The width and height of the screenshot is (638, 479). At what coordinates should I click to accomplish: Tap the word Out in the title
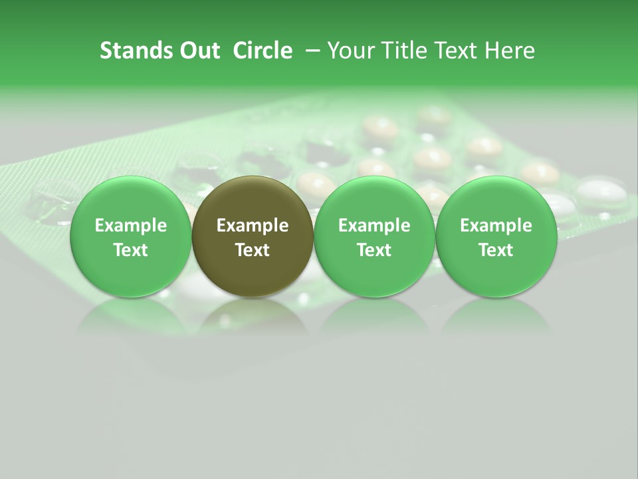197,51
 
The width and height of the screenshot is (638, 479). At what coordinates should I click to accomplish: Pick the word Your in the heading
352,51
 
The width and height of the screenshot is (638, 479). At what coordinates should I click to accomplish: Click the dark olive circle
253,236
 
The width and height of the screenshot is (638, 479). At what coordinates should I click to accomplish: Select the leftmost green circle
131,236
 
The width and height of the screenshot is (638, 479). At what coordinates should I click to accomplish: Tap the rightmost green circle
496,236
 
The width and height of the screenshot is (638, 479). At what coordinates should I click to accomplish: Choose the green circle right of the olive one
374,236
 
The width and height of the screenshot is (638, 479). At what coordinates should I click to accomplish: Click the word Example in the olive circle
253,226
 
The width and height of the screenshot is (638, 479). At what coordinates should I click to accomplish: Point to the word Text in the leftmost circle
131,250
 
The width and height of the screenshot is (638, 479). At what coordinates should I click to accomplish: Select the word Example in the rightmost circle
496,226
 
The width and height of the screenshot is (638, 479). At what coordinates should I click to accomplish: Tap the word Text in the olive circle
253,250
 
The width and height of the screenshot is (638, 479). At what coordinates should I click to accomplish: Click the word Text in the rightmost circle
496,250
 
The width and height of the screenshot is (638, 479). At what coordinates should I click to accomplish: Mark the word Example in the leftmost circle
131,226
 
